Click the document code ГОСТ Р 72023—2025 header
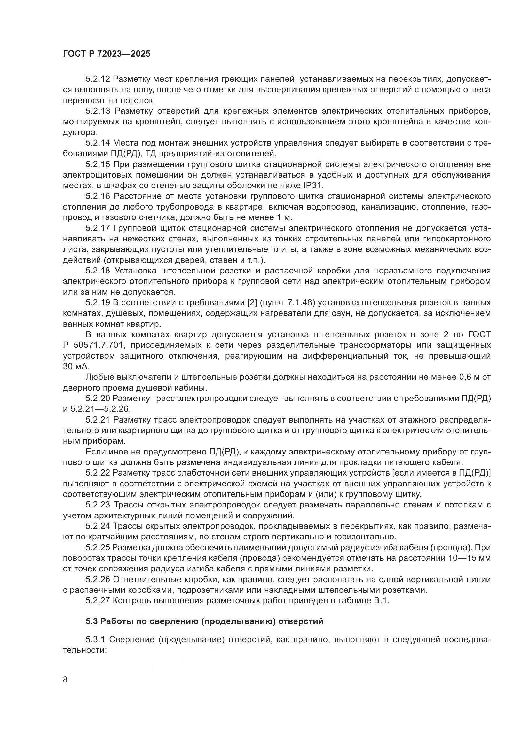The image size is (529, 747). click(107, 54)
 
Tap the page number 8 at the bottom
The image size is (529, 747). click(65, 679)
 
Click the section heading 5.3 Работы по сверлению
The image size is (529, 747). click(205, 621)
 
